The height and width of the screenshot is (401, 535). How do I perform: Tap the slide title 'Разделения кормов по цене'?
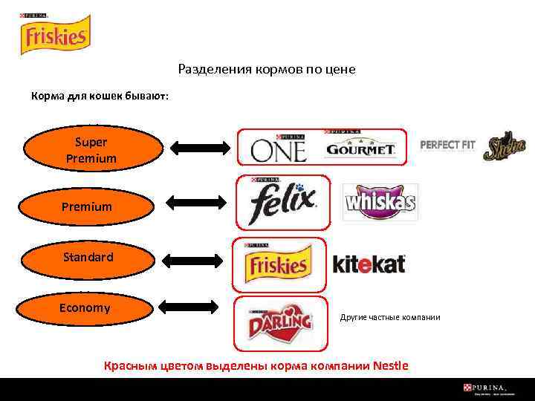(267, 69)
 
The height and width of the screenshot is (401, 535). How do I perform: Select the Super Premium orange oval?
(91, 150)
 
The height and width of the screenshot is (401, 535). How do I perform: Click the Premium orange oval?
(87, 206)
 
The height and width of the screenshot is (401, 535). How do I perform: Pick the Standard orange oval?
(88, 258)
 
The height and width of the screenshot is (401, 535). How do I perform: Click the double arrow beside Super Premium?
(201, 148)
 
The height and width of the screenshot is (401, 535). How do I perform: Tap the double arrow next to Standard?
(192, 260)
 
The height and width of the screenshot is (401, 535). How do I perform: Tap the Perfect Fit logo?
(447, 145)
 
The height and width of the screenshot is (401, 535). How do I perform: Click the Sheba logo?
(505, 149)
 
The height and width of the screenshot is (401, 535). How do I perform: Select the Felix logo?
(282, 201)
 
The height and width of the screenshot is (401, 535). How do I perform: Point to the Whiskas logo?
(380, 202)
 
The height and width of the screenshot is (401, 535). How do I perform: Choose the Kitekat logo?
(369, 264)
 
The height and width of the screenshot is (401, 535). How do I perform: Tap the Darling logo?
(280, 323)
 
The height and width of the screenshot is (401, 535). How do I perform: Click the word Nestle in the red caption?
(390, 365)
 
